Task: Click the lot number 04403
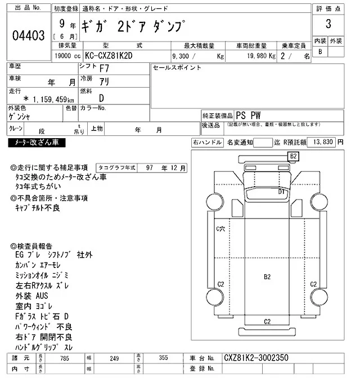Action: (28, 36)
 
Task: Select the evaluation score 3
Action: (327, 25)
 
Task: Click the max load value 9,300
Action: (183, 57)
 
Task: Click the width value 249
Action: (115, 358)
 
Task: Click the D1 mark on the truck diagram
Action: (282, 192)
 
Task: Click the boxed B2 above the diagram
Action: (293, 156)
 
